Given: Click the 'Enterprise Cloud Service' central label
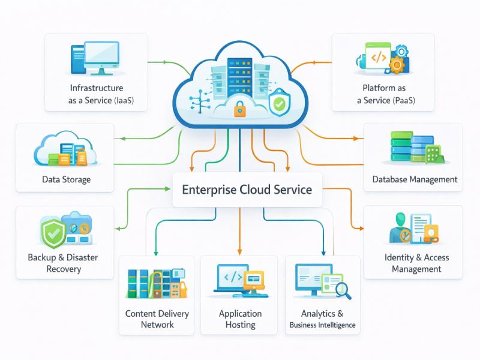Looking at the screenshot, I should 247,190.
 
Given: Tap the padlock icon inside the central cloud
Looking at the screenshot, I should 239,109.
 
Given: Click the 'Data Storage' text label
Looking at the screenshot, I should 67,179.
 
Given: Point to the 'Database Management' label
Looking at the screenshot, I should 415,179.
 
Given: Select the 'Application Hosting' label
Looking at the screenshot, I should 240,319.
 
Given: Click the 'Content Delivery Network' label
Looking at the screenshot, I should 157,319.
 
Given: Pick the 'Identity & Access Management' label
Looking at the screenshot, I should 416,263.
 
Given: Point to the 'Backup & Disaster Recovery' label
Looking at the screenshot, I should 63,263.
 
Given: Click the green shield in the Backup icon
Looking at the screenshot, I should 53,233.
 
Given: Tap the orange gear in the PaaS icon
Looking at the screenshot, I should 397,64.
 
